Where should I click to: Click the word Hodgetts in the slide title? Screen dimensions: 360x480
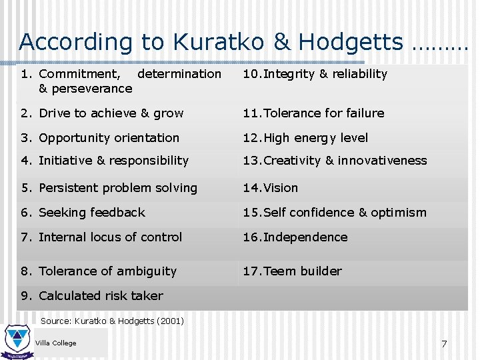[x=351, y=42]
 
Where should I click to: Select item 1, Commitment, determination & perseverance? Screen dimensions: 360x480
[x=121, y=81]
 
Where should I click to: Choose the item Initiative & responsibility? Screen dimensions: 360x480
[x=113, y=161]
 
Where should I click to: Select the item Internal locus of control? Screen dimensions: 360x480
[x=110, y=237]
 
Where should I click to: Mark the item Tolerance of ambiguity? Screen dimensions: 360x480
[x=107, y=271]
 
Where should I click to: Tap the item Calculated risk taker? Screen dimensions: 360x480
[x=101, y=296]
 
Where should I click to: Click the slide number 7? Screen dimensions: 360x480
[x=444, y=344]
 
